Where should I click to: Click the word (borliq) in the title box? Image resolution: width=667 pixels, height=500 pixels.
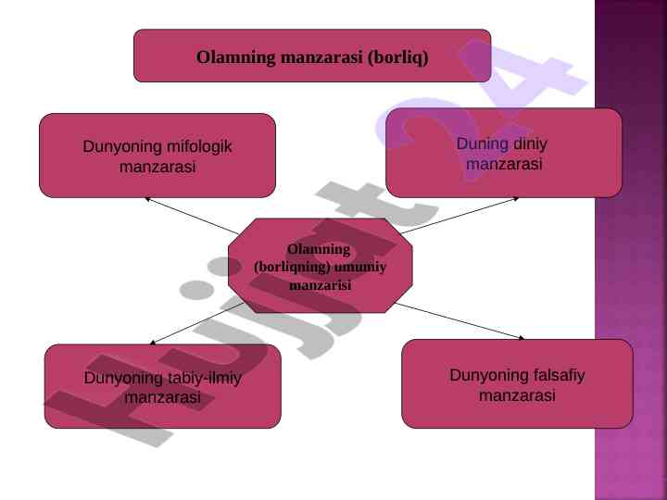click(x=397, y=57)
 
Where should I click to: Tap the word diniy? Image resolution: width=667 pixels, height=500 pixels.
click(x=531, y=144)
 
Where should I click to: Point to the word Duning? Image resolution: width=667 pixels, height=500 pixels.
click(x=483, y=144)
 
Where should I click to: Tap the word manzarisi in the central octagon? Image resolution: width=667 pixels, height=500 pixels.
click(x=320, y=285)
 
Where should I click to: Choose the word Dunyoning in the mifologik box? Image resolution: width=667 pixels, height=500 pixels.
click(x=118, y=146)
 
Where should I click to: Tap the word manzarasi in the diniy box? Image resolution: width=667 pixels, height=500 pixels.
click(x=504, y=164)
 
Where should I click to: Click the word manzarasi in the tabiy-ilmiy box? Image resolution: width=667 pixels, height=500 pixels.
click(x=163, y=397)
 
